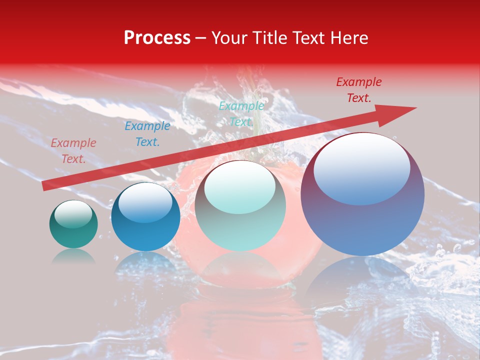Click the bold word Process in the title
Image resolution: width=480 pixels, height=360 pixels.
click(157, 38)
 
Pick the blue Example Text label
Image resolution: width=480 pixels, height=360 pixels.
click(147, 134)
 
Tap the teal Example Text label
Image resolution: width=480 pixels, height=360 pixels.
click(241, 114)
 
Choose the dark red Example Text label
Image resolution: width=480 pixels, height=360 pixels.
click(358, 90)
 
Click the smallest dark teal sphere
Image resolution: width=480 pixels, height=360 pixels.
click(73, 230)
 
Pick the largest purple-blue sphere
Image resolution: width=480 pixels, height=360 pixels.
click(362, 220)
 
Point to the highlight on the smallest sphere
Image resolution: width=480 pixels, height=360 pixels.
click(73, 214)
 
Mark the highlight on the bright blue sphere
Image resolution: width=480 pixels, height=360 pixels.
click(145, 202)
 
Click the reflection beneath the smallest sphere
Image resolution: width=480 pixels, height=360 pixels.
click(73, 256)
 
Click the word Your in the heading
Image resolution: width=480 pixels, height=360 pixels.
click(228, 38)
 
